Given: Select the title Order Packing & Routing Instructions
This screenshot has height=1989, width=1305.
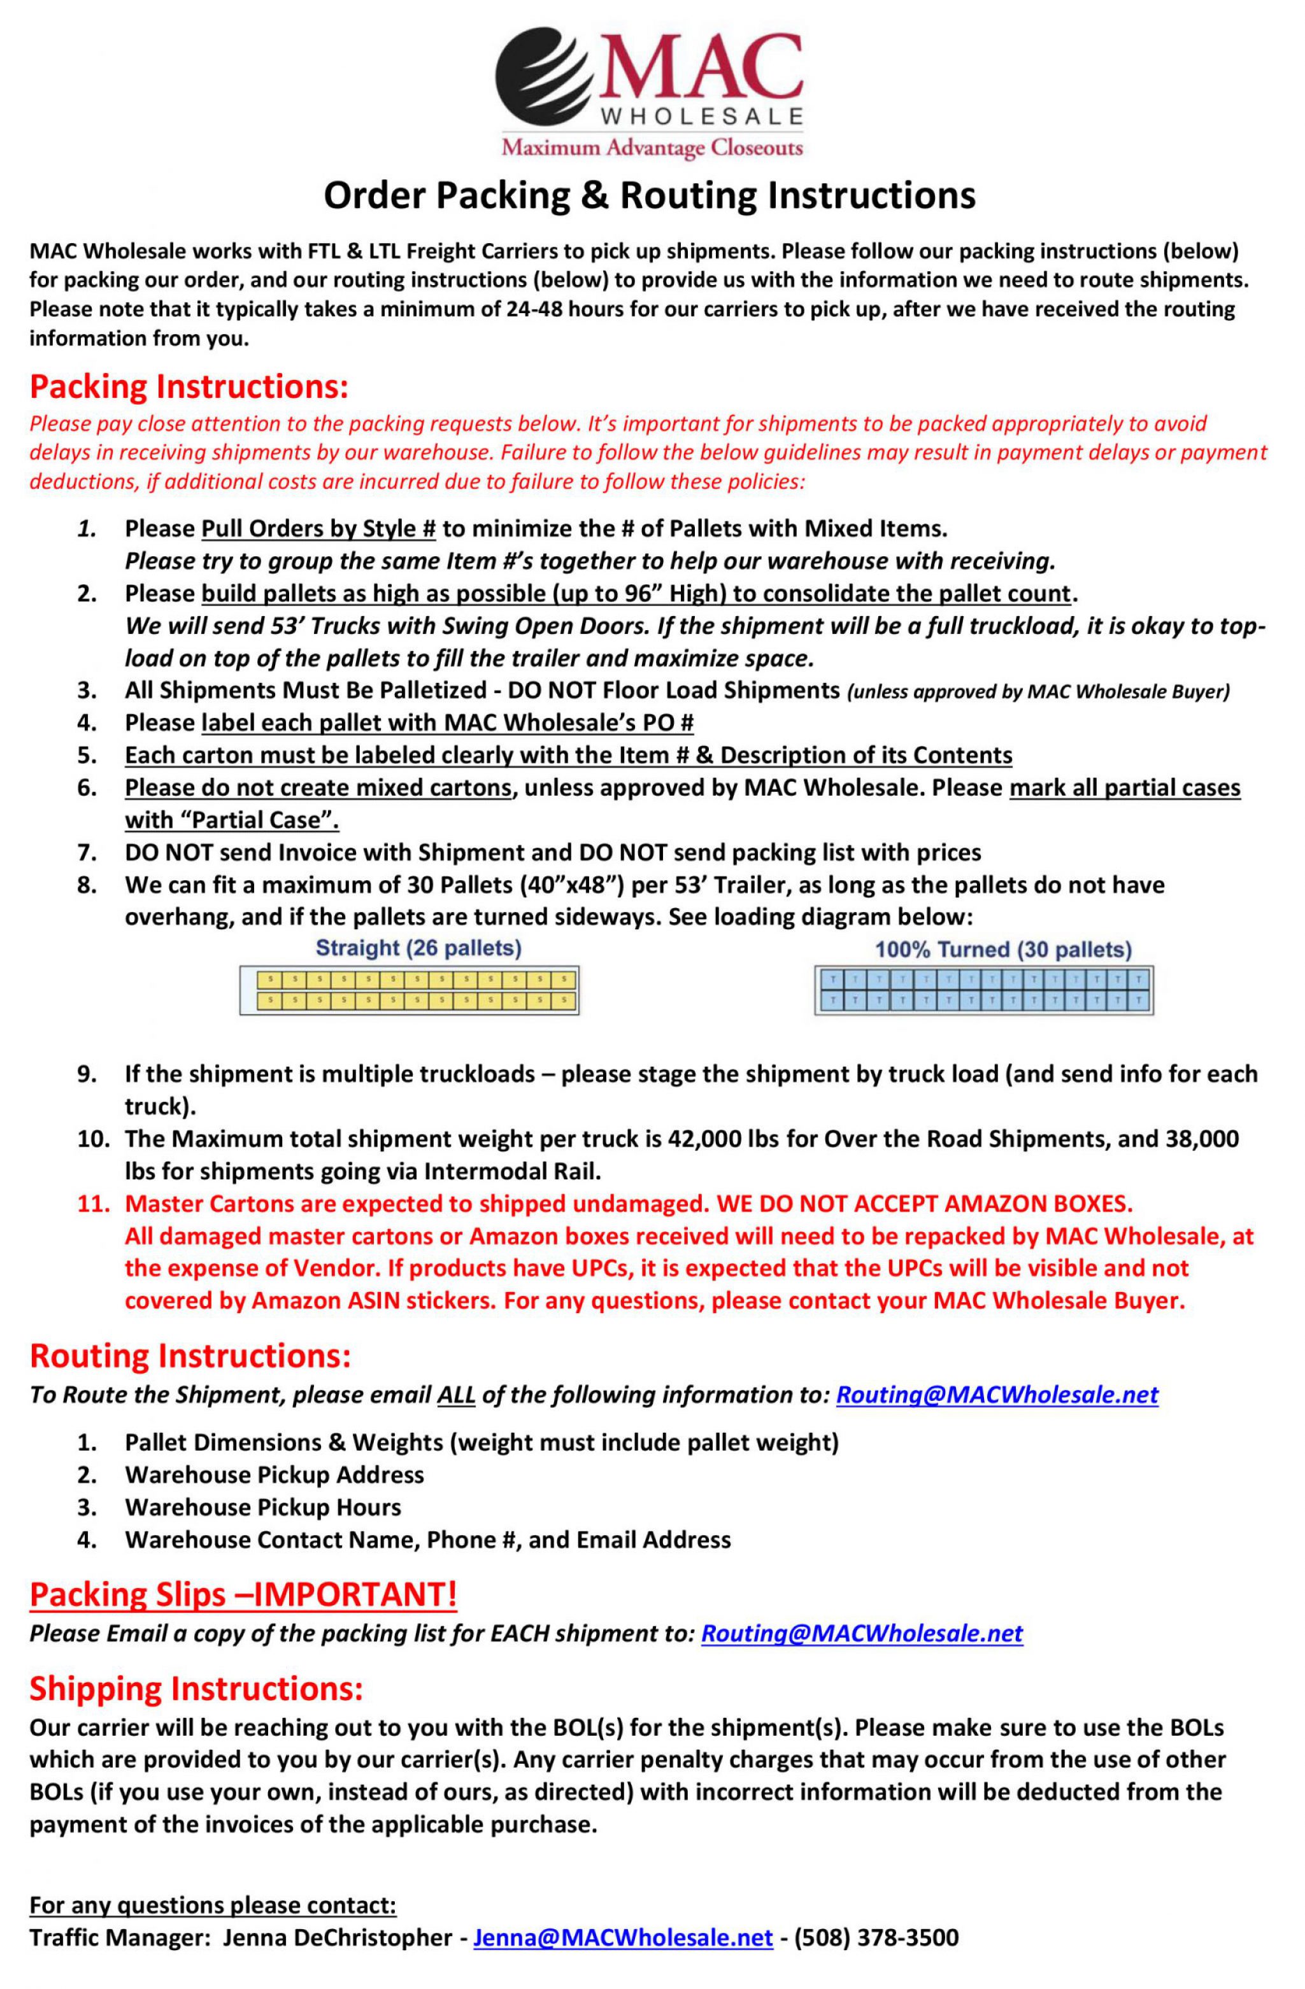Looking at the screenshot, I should [x=650, y=195].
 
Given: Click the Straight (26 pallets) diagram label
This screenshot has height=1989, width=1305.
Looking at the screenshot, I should [x=418, y=948].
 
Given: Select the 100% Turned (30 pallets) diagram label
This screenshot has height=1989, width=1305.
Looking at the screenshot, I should [x=1002, y=950].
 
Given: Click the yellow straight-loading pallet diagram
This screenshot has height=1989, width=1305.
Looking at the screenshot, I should [x=410, y=990].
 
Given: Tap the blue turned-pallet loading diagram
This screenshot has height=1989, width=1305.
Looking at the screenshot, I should [x=985, y=990].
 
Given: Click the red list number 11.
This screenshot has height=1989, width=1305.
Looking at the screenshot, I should [x=94, y=1204].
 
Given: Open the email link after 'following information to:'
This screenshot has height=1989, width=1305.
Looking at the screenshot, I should [x=997, y=1395].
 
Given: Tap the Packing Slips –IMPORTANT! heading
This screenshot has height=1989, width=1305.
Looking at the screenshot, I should [x=243, y=1594].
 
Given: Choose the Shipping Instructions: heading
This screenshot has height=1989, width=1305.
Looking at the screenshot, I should [x=196, y=1689].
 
